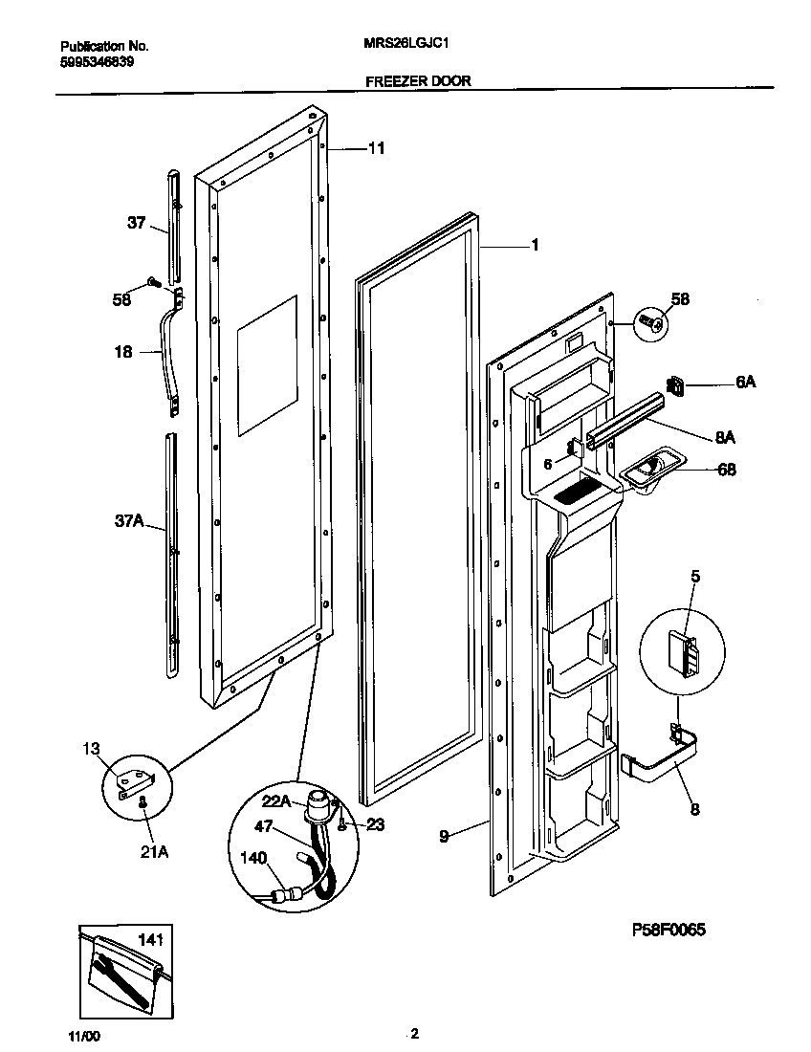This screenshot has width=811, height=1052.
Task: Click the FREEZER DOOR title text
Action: point(418,81)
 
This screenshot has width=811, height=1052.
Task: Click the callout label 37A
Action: point(129,521)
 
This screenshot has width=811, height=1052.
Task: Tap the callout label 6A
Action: point(745,383)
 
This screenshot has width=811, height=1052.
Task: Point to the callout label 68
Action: point(726,470)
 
